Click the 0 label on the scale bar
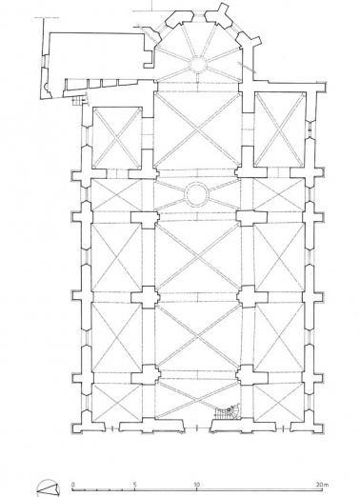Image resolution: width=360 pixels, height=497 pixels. [x=72, y=484]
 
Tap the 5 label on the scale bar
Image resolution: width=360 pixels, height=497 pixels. [x=135, y=484]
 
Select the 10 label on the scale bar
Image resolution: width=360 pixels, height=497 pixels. [x=196, y=484]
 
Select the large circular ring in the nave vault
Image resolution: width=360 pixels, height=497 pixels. [x=197, y=193]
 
